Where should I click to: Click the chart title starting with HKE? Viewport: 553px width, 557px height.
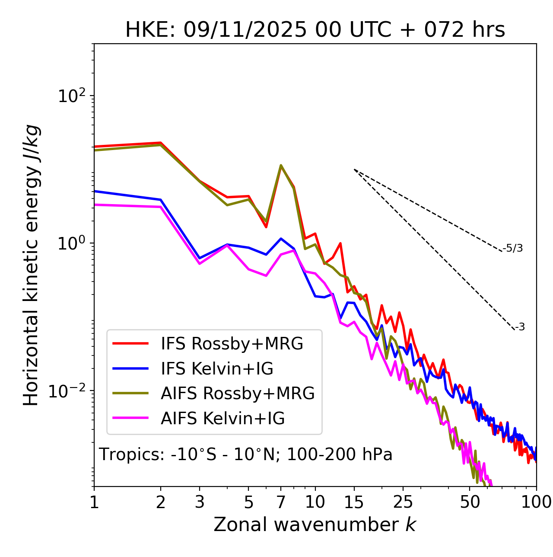click(315, 30)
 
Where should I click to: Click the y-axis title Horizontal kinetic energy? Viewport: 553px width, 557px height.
click(31, 265)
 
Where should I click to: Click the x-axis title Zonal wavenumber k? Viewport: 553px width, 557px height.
click(315, 524)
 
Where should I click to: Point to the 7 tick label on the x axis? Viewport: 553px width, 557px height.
click(281, 502)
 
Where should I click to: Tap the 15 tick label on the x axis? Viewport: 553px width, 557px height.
click(354, 502)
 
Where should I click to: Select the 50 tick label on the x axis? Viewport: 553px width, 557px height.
click(470, 502)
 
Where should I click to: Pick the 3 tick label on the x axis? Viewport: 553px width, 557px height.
click(199, 502)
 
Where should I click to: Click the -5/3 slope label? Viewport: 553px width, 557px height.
click(513, 248)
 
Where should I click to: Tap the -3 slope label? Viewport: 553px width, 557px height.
click(520, 327)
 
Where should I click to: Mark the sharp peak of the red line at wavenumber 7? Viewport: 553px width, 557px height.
click(281, 166)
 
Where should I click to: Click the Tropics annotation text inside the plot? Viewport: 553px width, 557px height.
click(245, 455)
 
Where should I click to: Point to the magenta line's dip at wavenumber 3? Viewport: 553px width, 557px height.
click(199, 263)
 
